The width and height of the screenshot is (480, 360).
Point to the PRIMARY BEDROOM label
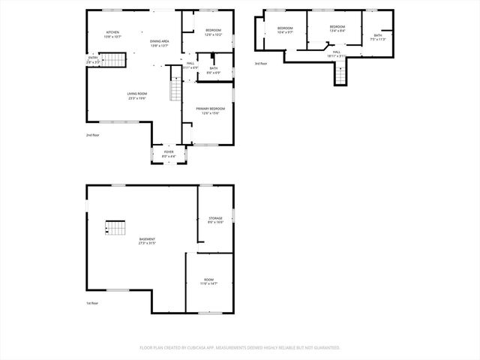210,110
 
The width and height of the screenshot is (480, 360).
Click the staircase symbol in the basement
115,228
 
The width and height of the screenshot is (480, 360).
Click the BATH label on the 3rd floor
378,37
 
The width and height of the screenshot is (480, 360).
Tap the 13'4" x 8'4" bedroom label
337,29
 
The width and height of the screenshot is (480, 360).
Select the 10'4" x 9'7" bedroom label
285,30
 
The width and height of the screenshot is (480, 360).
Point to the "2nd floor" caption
92,135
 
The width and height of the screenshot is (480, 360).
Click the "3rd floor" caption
260,63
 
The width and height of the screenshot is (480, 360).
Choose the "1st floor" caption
91,303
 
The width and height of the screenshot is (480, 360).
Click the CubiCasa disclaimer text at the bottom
240,347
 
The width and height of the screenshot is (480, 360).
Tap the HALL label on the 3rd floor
336,54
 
